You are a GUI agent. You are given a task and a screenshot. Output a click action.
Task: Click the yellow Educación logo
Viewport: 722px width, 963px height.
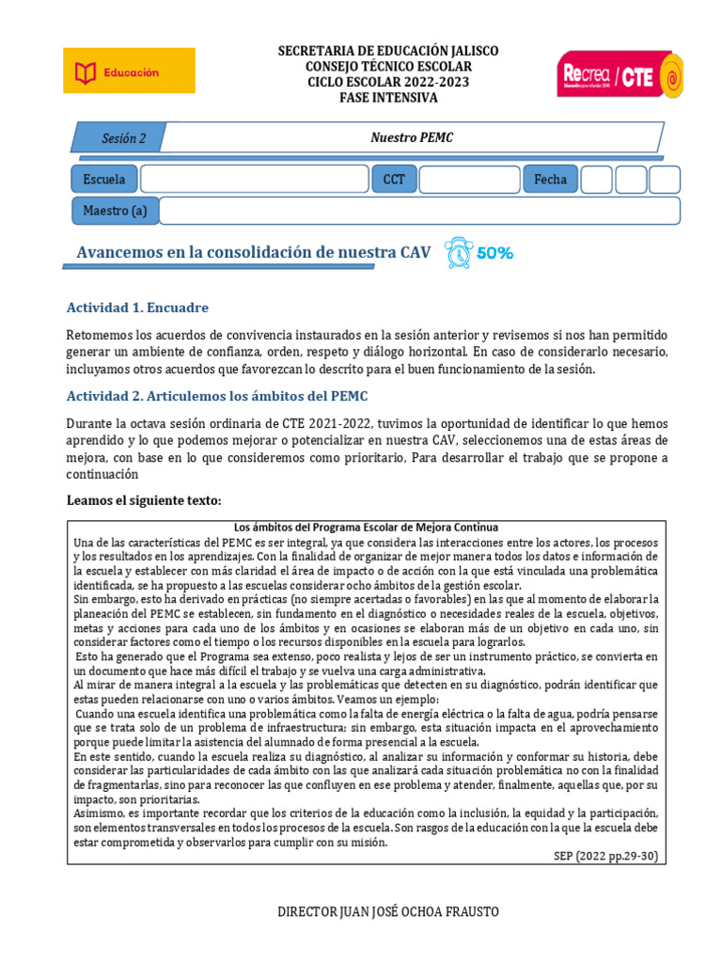click(x=129, y=71)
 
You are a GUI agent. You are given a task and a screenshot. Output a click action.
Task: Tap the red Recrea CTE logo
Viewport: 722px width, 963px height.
click(x=620, y=74)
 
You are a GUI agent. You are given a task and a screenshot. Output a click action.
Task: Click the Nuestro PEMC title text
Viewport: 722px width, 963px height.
click(x=411, y=138)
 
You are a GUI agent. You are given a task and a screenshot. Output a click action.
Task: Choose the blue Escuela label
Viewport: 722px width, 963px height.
click(x=104, y=179)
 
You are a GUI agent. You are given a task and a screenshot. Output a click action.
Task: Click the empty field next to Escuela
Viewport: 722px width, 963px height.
click(x=255, y=179)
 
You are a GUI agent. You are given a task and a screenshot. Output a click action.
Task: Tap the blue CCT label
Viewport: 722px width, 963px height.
click(x=394, y=179)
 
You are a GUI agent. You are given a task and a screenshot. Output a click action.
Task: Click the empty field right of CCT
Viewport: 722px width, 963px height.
click(x=468, y=179)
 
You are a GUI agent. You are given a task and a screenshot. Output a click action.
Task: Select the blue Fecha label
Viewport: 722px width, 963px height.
click(x=550, y=179)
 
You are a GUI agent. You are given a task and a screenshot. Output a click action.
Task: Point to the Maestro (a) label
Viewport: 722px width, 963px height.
click(x=115, y=211)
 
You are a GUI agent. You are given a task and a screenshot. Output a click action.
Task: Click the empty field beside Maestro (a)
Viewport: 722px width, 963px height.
click(x=418, y=211)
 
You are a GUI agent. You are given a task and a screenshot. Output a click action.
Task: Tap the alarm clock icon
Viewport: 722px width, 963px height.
click(x=459, y=253)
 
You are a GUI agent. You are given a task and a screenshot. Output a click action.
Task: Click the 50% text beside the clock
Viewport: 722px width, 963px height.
click(x=494, y=253)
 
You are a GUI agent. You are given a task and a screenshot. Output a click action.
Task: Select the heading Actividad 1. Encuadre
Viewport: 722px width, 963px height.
click(x=138, y=308)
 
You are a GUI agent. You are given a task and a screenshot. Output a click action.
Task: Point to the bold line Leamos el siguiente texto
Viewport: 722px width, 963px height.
click(x=144, y=499)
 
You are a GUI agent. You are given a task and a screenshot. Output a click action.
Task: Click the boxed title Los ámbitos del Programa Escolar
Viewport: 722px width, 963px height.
click(x=365, y=527)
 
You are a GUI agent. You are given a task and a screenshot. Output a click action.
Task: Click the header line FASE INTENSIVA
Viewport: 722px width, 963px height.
click(x=388, y=97)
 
